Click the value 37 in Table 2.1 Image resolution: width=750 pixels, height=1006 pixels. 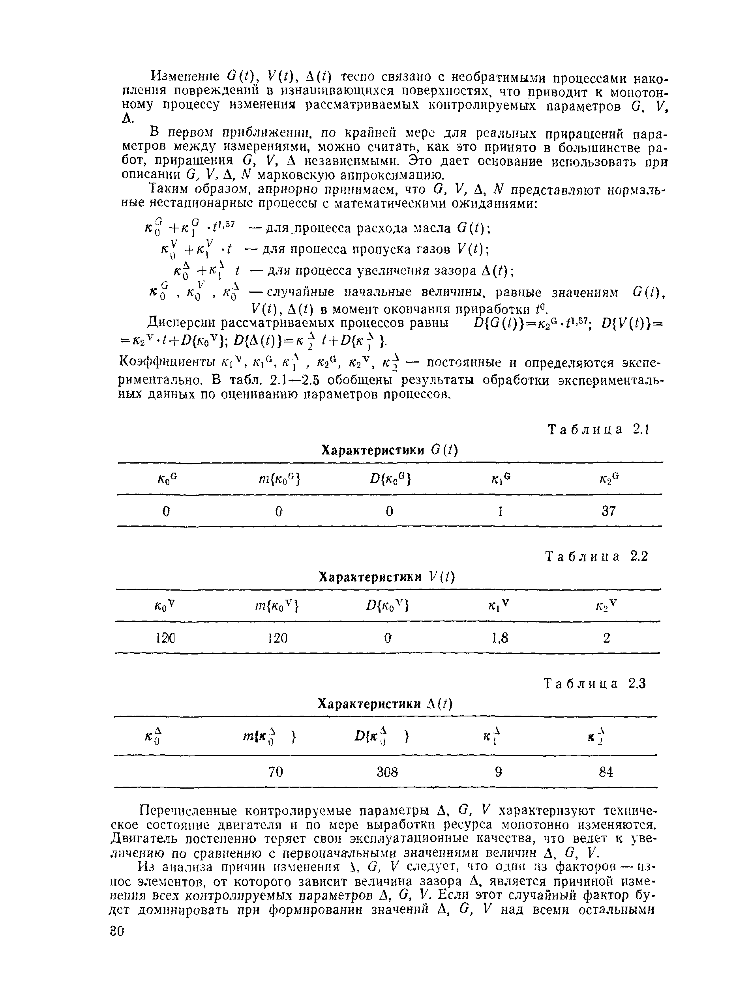point(608,511)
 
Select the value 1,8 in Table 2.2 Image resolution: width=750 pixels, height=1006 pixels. point(500,638)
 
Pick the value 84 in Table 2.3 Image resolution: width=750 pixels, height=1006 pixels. point(606,771)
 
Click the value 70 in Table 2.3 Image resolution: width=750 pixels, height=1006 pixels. point(276,771)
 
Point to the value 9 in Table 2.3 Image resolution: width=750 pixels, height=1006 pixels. point(499,771)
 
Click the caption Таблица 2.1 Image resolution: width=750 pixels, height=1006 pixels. point(599,429)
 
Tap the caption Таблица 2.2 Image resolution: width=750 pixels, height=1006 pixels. point(596,556)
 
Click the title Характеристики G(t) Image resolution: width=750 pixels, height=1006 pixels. point(390,450)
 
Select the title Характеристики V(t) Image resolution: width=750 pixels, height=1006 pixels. point(386,577)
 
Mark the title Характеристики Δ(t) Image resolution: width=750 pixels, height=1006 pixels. point(385,704)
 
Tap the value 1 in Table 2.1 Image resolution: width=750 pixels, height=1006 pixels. point(500,511)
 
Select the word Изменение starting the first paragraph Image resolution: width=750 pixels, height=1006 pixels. point(187,76)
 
